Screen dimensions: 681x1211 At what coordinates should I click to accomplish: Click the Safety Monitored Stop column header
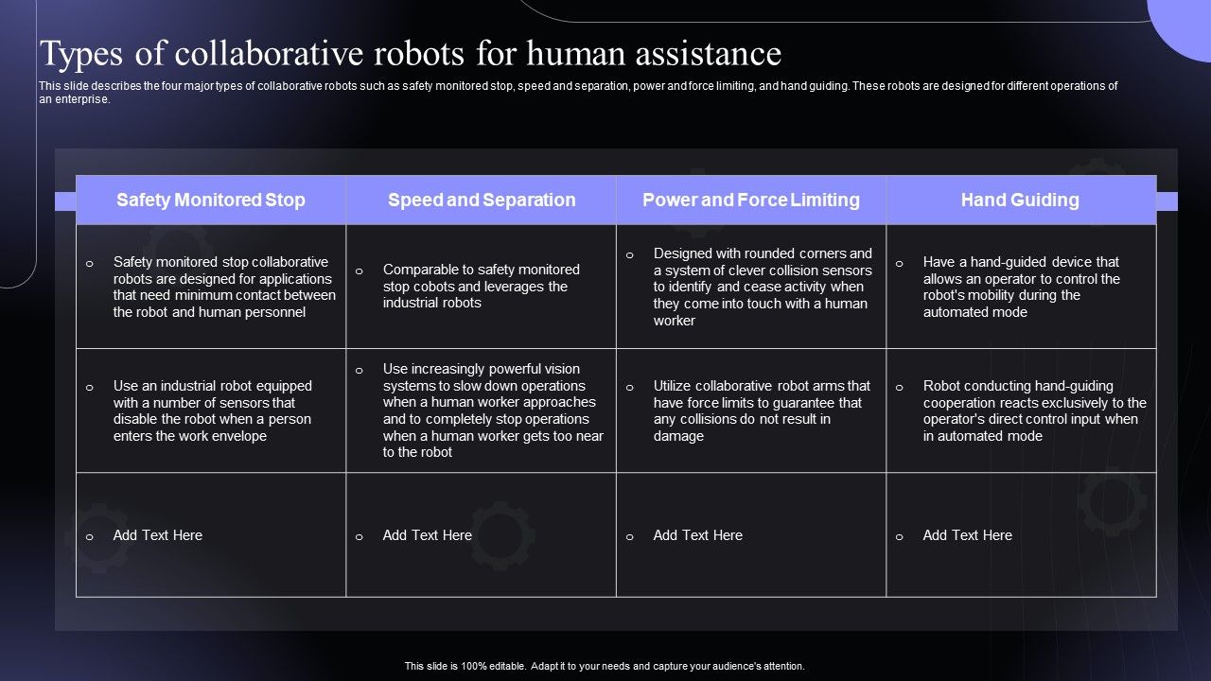click(x=211, y=200)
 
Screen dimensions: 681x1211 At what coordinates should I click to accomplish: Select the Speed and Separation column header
click(x=482, y=200)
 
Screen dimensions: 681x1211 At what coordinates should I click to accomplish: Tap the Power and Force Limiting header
click(x=751, y=200)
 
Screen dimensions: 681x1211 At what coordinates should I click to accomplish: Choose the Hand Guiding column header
click(x=1020, y=200)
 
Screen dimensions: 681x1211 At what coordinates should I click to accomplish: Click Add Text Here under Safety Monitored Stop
click(x=157, y=535)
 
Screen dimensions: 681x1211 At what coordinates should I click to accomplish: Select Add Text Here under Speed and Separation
click(x=427, y=535)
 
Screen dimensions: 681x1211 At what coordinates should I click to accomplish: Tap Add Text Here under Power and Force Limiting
click(x=697, y=535)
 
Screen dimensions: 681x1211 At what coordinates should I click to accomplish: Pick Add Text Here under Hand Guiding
click(x=967, y=535)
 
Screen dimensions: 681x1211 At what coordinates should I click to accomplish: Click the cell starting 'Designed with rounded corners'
click(x=763, y=287)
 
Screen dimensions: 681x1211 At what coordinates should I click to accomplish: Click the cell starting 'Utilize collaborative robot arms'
click(x=762, y=410)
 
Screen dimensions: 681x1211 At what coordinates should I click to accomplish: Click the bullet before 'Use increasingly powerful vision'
click(x=359, y=371)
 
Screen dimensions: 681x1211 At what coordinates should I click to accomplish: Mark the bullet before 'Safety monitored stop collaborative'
click(x=89, y=264)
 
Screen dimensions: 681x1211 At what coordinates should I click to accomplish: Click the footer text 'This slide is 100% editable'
click(x=605, y=666)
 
